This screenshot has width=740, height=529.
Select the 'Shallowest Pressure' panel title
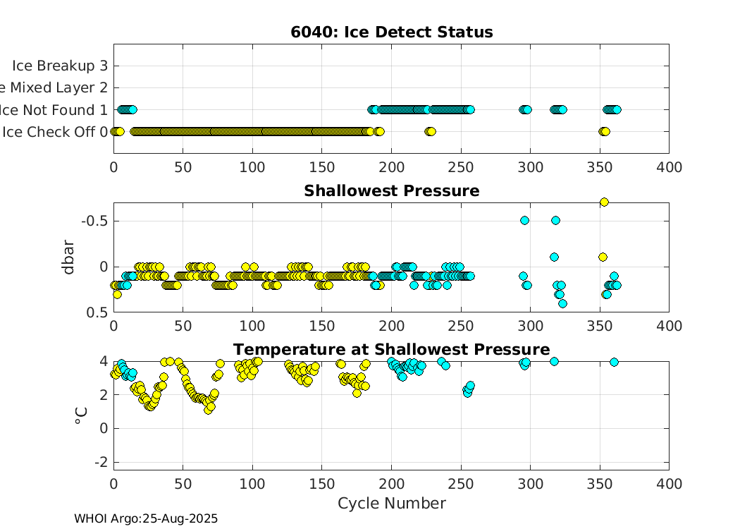pos(391,191)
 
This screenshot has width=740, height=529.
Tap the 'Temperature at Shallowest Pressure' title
pos(391,350)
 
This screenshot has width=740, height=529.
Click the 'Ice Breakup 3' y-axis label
pos(60,66)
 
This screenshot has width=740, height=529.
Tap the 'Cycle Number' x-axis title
pos(391,503)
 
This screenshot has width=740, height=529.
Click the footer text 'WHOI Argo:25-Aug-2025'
pos(146,518)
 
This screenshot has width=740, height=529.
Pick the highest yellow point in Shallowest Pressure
pos(604,202)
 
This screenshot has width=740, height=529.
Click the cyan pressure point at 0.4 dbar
pos(562,303)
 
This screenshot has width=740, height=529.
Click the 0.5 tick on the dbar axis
pos(98,312)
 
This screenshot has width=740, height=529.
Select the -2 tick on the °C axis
pos(100,462)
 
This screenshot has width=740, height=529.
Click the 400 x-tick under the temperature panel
pos(669,485)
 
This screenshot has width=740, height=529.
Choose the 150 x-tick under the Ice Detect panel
pos(322,167)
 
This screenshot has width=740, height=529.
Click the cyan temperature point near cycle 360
pos(614,362)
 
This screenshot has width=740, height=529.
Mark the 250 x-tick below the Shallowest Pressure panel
pos(461,326)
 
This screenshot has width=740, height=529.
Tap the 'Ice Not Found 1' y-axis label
pos(55,109)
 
